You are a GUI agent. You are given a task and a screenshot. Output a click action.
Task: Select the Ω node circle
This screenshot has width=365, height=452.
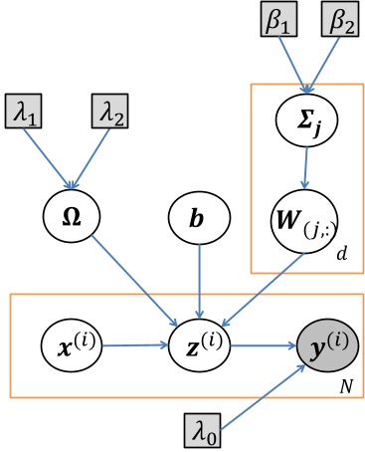[x=69, y=213]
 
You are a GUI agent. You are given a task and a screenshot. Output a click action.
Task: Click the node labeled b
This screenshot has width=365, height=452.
[x=201, y=214]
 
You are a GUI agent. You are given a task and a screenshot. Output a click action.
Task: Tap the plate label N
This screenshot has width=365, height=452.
[x=344, y=382]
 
